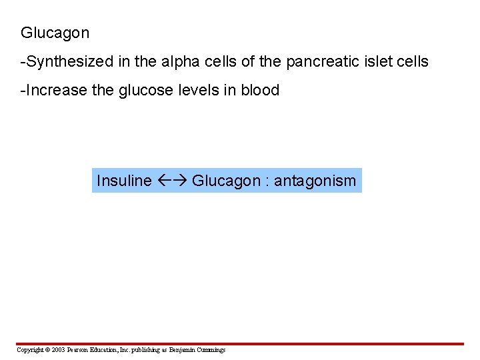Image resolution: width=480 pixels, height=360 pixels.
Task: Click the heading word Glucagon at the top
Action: (x=55, y=33)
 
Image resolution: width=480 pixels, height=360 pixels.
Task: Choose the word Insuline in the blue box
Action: (x=124, y=181)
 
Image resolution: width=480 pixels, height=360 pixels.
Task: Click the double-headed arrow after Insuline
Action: (x=173, y=181)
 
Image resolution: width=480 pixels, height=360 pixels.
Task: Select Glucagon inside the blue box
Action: (x=225, y=181)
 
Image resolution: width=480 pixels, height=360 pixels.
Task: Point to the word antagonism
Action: (x=315, y=181)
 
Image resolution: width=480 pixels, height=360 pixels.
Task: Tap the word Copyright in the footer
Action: (x=29, y=350)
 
